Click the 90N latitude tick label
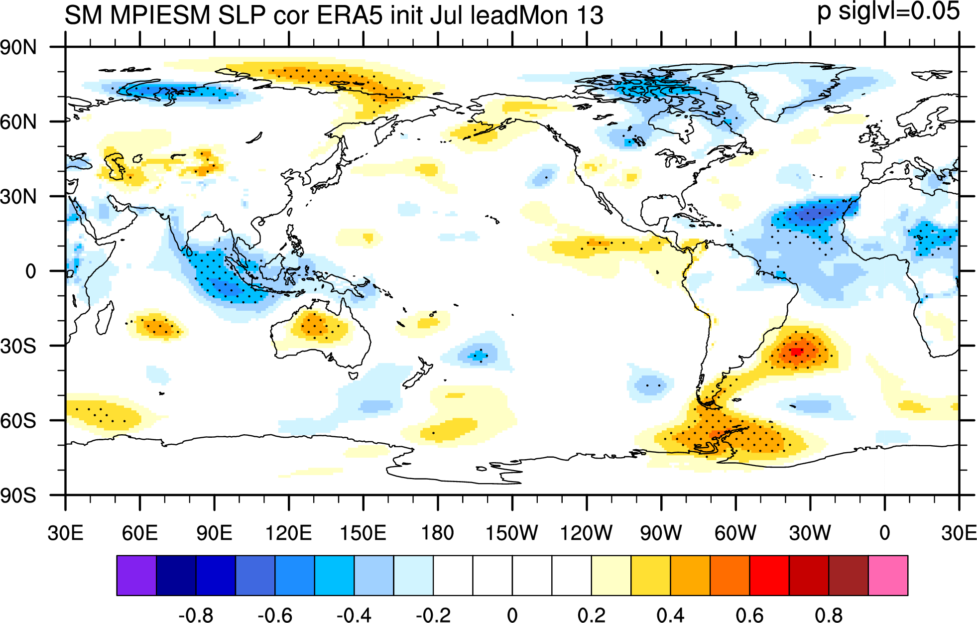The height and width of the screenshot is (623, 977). (18, 48)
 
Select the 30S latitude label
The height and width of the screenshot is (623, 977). (18, 346)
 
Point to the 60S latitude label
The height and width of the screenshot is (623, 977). (18, 421)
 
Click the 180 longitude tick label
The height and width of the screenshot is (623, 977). (438, 533)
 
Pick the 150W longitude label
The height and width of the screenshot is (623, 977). (511, 533)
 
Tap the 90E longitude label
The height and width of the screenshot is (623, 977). (214, 533)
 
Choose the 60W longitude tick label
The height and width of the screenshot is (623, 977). (735, 533)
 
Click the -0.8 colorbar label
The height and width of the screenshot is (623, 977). (196, 616)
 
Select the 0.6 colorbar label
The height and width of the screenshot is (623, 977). (750, 616)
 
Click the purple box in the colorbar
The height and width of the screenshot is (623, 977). (136, 575)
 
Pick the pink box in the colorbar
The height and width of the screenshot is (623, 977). (888, 575)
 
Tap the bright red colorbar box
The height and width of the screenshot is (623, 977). (769, 575)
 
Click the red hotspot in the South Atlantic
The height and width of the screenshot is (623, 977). (797, 351)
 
